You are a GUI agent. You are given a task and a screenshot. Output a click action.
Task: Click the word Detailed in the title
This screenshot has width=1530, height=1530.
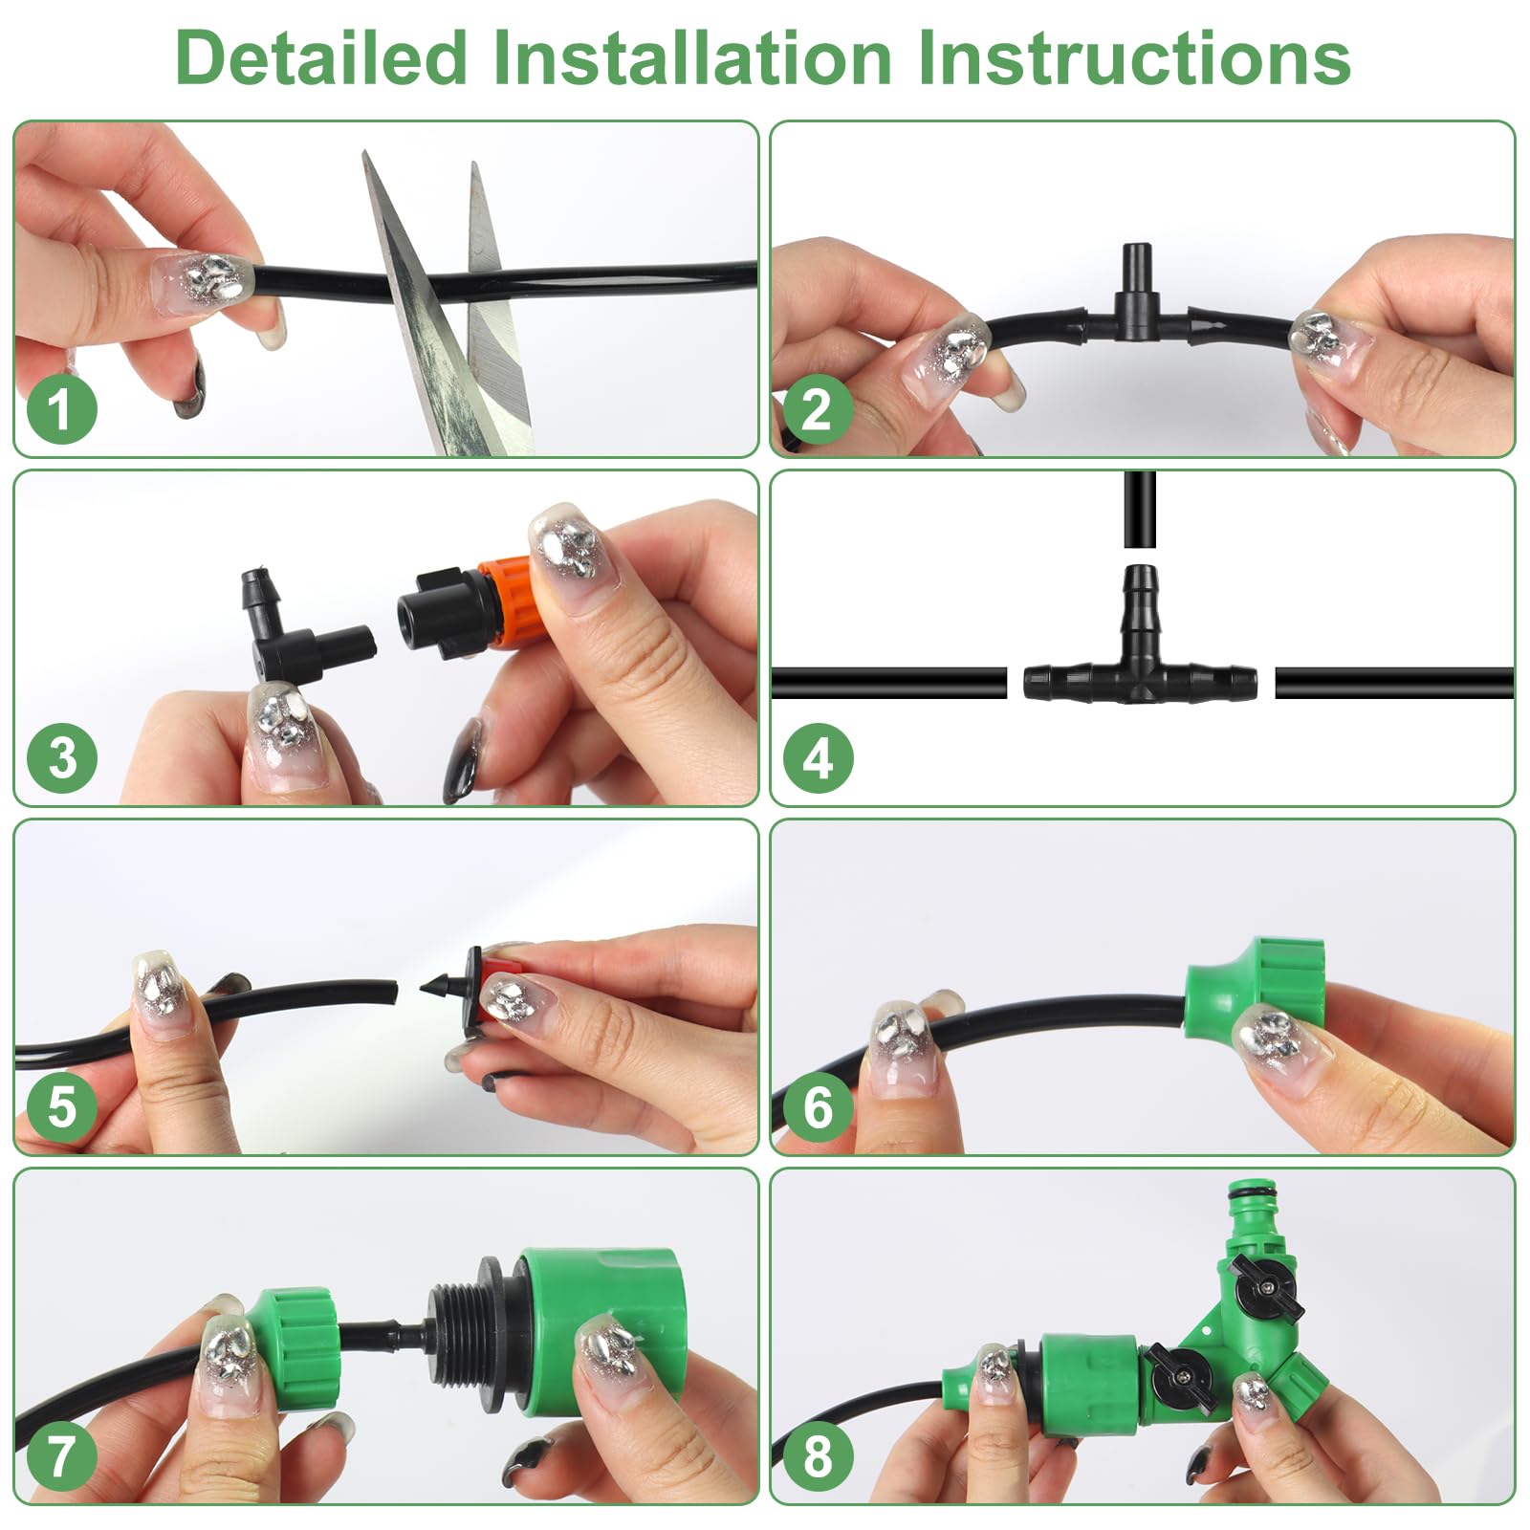tap(321, 58)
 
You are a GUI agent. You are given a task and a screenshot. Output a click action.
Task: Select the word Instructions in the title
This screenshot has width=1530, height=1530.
tap(1133, 58)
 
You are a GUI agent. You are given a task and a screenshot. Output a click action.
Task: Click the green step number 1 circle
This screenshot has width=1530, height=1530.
tap(61, 409)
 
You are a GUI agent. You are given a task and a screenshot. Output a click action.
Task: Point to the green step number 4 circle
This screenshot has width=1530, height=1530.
tap(818, 758)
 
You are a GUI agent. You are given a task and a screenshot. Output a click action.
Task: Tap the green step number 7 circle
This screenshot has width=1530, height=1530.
tap(61, 1455)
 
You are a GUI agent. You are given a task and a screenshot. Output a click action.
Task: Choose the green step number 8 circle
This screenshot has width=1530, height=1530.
tap(818, 1455)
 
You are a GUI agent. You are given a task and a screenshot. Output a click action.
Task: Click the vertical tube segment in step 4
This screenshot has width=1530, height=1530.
tap(1140, 509)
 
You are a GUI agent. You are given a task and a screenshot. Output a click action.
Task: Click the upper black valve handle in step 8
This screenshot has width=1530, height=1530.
tap(1266, 1287)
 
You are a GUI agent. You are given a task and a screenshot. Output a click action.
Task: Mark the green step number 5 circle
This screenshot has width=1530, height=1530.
tap(61, 1106)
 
